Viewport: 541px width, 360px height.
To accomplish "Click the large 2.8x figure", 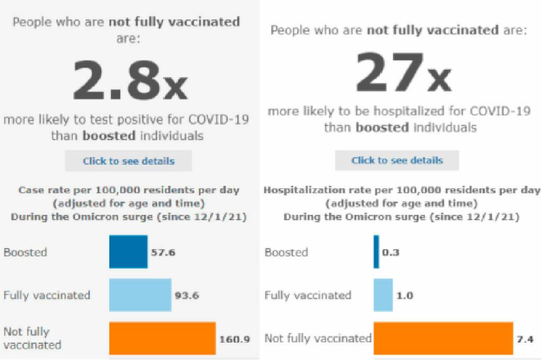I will [x=129, y=80].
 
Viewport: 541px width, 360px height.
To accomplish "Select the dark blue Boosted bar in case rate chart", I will [x=128, y=252].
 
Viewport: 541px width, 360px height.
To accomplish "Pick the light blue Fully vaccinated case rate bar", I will [x=140, y=295].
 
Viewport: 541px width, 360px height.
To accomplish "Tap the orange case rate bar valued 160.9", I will [x=162, y=338].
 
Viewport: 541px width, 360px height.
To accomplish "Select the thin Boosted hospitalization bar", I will [x=376, y=252].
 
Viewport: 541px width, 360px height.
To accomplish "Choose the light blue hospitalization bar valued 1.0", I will [x=383, y=295].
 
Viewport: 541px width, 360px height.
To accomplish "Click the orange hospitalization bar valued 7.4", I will [x=443, y=338].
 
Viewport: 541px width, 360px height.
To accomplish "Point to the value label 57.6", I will [x=163, y=252].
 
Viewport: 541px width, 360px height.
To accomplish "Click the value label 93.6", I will [x=186, y=295].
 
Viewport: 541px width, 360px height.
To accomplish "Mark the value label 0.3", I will [x=390, y=252].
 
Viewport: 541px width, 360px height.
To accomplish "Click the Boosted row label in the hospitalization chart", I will [x=286, y=252].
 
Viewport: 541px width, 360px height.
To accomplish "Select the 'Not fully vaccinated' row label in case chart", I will [x=32, y=338].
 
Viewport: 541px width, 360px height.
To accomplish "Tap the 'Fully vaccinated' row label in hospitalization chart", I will [x=307, y=295].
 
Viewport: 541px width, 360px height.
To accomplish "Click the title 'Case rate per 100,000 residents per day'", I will [x=129, y=190].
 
